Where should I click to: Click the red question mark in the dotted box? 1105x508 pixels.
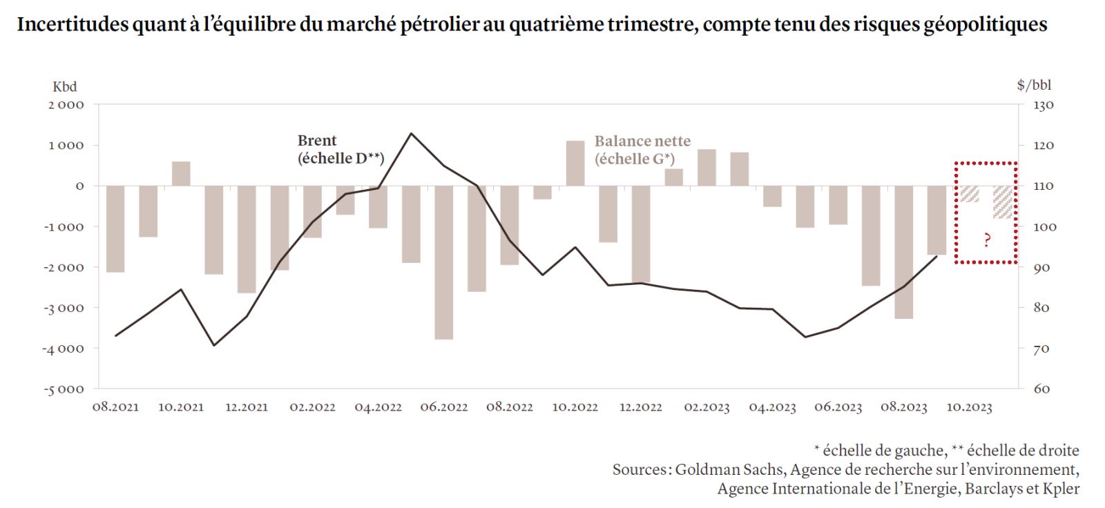[x=987, y=240]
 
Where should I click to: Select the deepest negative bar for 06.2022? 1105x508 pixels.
[x=444, y=262]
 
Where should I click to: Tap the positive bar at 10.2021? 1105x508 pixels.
[x=181, y=174]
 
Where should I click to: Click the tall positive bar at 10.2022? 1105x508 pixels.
[x=575, y=164]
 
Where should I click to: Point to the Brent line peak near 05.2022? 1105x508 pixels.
[x=411, y=133]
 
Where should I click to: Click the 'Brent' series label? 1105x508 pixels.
[x=317, y=141]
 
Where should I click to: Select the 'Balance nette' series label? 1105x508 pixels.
[x=642, y=141]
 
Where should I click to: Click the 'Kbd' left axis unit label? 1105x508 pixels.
[x=65, y=87]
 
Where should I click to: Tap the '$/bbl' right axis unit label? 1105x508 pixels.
[x=1034, y=85]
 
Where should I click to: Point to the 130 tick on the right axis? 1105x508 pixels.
[x=1044, y=106]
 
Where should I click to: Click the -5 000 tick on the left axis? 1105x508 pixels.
[x=64, y=390]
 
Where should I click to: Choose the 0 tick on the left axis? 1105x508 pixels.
[x=79, y=186]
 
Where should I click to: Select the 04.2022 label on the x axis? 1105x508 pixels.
[x=378, y=407]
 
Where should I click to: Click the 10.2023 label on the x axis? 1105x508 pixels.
[x=969, y=407]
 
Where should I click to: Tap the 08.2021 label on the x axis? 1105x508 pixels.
[x=115, y=407]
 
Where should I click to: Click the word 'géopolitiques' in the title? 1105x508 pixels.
[x=986, y=25]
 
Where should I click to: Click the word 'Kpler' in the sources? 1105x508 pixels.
[x=1061, y=489]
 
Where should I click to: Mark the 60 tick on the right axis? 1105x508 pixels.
[x=1041, y=389]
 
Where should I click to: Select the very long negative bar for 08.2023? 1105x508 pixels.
[x=903, y=252]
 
